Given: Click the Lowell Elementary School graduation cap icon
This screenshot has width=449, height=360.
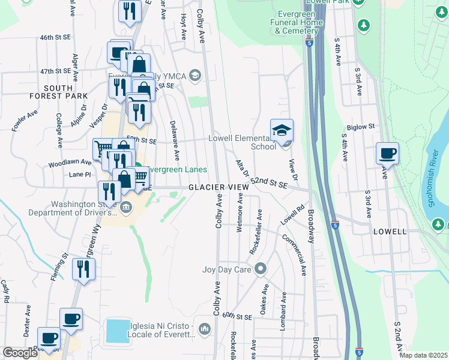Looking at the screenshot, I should click(283, 130).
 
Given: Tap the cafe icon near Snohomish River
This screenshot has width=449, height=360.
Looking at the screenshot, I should click(387, 153).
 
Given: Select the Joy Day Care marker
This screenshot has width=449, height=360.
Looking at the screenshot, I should click(260, 269).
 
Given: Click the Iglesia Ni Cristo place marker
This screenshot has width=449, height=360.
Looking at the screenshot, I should click(205, 328).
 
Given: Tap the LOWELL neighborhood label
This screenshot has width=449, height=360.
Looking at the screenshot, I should click(390, 231).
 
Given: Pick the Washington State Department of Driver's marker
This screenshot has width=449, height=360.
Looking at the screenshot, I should click(125, 208).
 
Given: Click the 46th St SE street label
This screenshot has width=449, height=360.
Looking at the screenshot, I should click(55, 37).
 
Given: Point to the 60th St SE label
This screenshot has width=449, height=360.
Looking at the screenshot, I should click(237, 316).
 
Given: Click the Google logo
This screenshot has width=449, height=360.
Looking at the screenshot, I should click(20, 353).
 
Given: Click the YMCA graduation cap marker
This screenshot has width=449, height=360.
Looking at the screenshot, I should click(194, 75).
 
